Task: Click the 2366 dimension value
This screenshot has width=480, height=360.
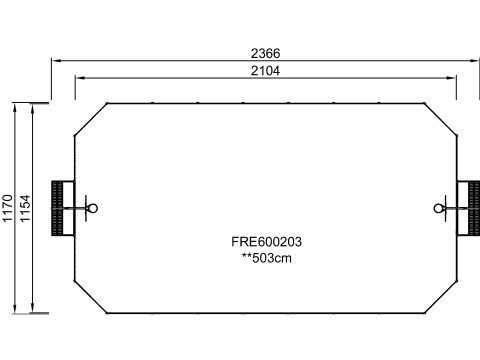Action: click(265, 53)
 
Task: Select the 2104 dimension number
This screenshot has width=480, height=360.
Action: click(265, 71)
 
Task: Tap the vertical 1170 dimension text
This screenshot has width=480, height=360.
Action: click(7, 208)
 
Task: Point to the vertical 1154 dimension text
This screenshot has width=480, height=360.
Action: click(25, 208)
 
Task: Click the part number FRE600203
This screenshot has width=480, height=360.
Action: click(266, 242)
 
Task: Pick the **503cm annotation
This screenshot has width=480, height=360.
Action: click(266, 258)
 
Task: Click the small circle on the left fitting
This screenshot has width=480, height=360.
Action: click(93, 208)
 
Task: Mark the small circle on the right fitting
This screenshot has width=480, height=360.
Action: click(439, 208)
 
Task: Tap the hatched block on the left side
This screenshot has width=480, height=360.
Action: click(57, 208)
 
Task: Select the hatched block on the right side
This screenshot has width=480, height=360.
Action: click(474, 208)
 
